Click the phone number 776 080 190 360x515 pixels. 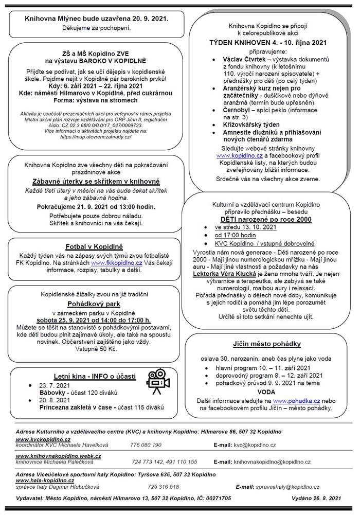(x=146, y=445)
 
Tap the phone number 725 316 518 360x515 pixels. (x=163, y=486)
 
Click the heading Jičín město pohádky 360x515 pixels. (x=267, y=344)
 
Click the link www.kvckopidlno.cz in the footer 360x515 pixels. (x=43, y=439)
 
